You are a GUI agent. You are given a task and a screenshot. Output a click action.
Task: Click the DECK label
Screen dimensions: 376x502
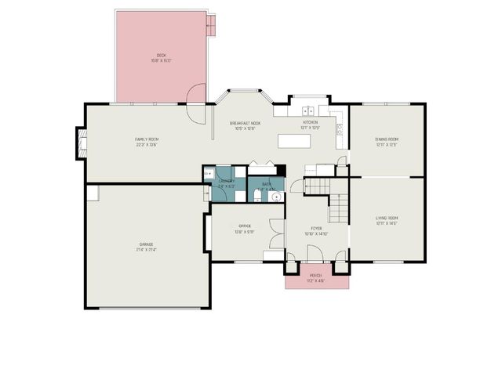(162, 57)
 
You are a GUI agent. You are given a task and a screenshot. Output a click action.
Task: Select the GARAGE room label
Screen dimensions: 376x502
(147, 247)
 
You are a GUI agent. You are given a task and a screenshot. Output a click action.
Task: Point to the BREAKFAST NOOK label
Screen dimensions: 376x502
(245, 126)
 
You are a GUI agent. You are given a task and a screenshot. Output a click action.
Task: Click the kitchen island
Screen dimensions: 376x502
(295, 141)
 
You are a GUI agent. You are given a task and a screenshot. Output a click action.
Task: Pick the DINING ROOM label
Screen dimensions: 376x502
(387, 142)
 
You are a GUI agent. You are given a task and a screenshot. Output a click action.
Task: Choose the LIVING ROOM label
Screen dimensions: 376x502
(387, 220)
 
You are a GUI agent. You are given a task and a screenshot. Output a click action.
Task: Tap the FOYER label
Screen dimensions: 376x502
(316, 230)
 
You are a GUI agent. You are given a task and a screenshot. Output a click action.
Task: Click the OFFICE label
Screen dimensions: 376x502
(244, 230)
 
